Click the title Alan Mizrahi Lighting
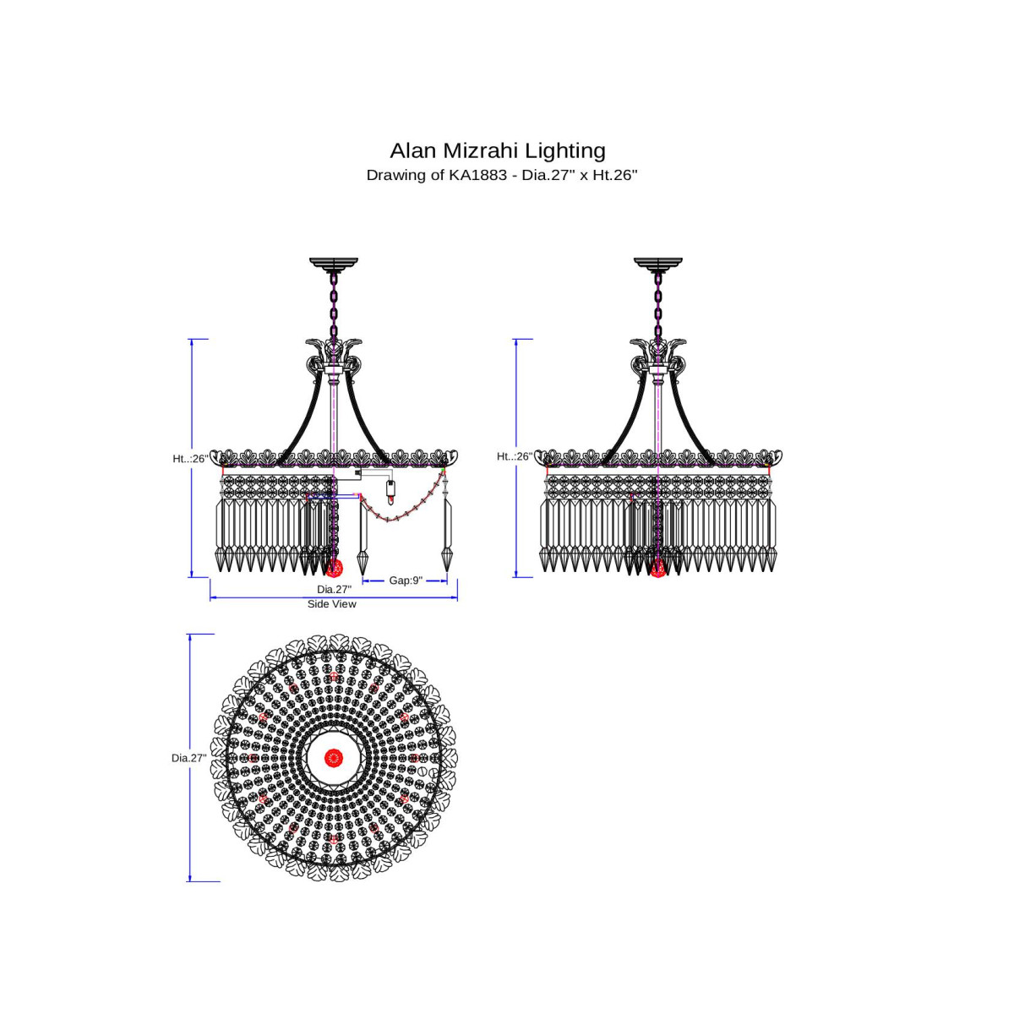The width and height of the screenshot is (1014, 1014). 497,150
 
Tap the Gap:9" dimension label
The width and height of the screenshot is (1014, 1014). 406,581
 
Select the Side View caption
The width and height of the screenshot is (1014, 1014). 331,604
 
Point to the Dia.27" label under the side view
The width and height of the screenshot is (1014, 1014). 334,589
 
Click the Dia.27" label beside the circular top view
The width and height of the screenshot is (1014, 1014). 189,758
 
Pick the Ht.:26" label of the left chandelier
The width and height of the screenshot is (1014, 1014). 190,459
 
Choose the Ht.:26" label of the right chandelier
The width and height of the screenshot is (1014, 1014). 515,457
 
